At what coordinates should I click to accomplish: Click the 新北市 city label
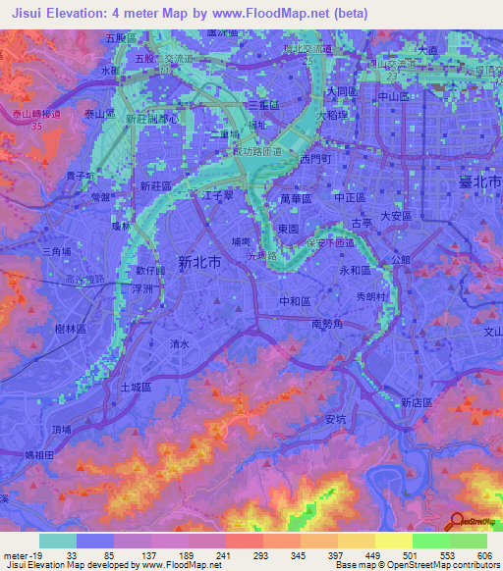[198, 263]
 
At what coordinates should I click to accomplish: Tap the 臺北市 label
[478, 183]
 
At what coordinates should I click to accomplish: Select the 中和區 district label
[295, 300]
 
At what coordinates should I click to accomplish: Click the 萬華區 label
[295, 198]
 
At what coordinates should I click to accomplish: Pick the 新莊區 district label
[155, 185]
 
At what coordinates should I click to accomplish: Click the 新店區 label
[419, 402]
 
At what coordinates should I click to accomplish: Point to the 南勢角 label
[325, 323]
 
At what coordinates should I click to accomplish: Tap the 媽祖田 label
[44, 456]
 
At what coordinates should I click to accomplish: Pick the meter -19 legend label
[22, 554]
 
